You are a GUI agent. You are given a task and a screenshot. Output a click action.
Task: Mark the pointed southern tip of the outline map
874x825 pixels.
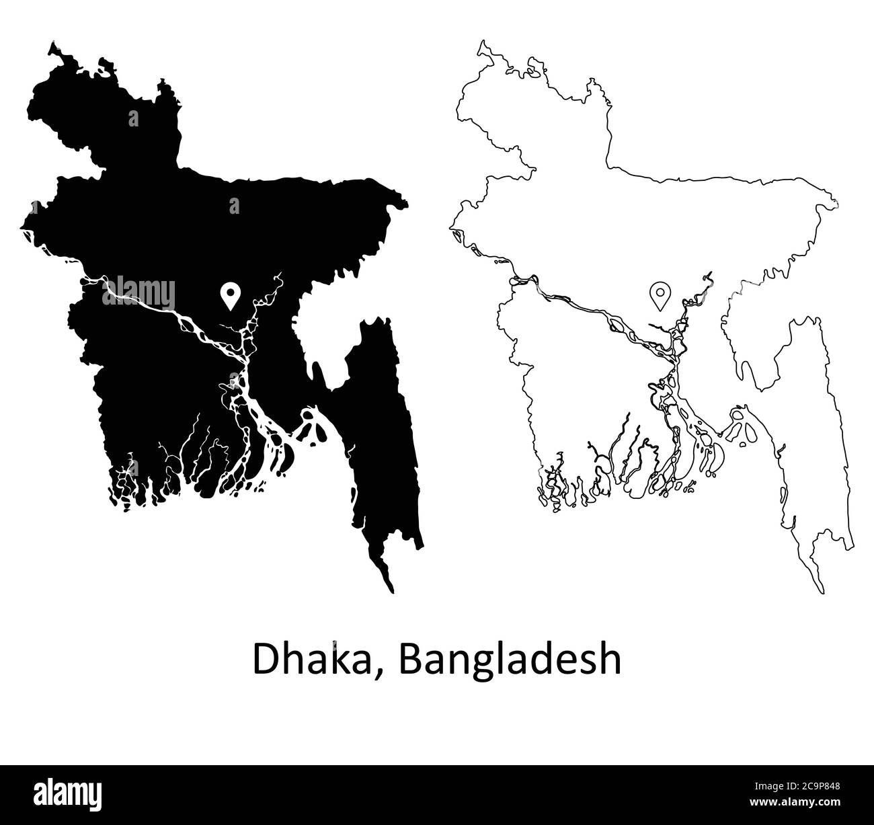[x=821, y=594]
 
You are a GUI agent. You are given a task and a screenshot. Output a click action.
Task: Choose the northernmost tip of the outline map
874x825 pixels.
[x=480, y=42]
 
